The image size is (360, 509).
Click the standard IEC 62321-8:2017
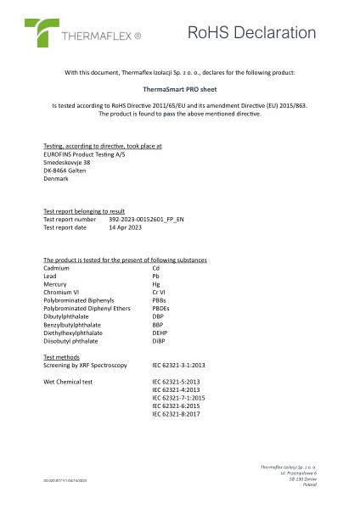point(176,414)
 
